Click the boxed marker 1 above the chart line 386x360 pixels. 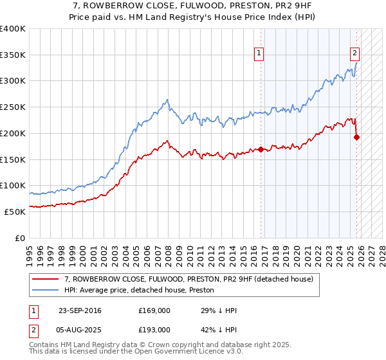coord(259,54)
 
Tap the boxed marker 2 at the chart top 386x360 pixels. coord(354,54)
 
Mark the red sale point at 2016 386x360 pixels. coord(261,150)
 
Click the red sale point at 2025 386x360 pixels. coord(357,137)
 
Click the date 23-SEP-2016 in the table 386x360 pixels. coord(79,310)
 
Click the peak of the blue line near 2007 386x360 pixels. coord(167,100)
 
